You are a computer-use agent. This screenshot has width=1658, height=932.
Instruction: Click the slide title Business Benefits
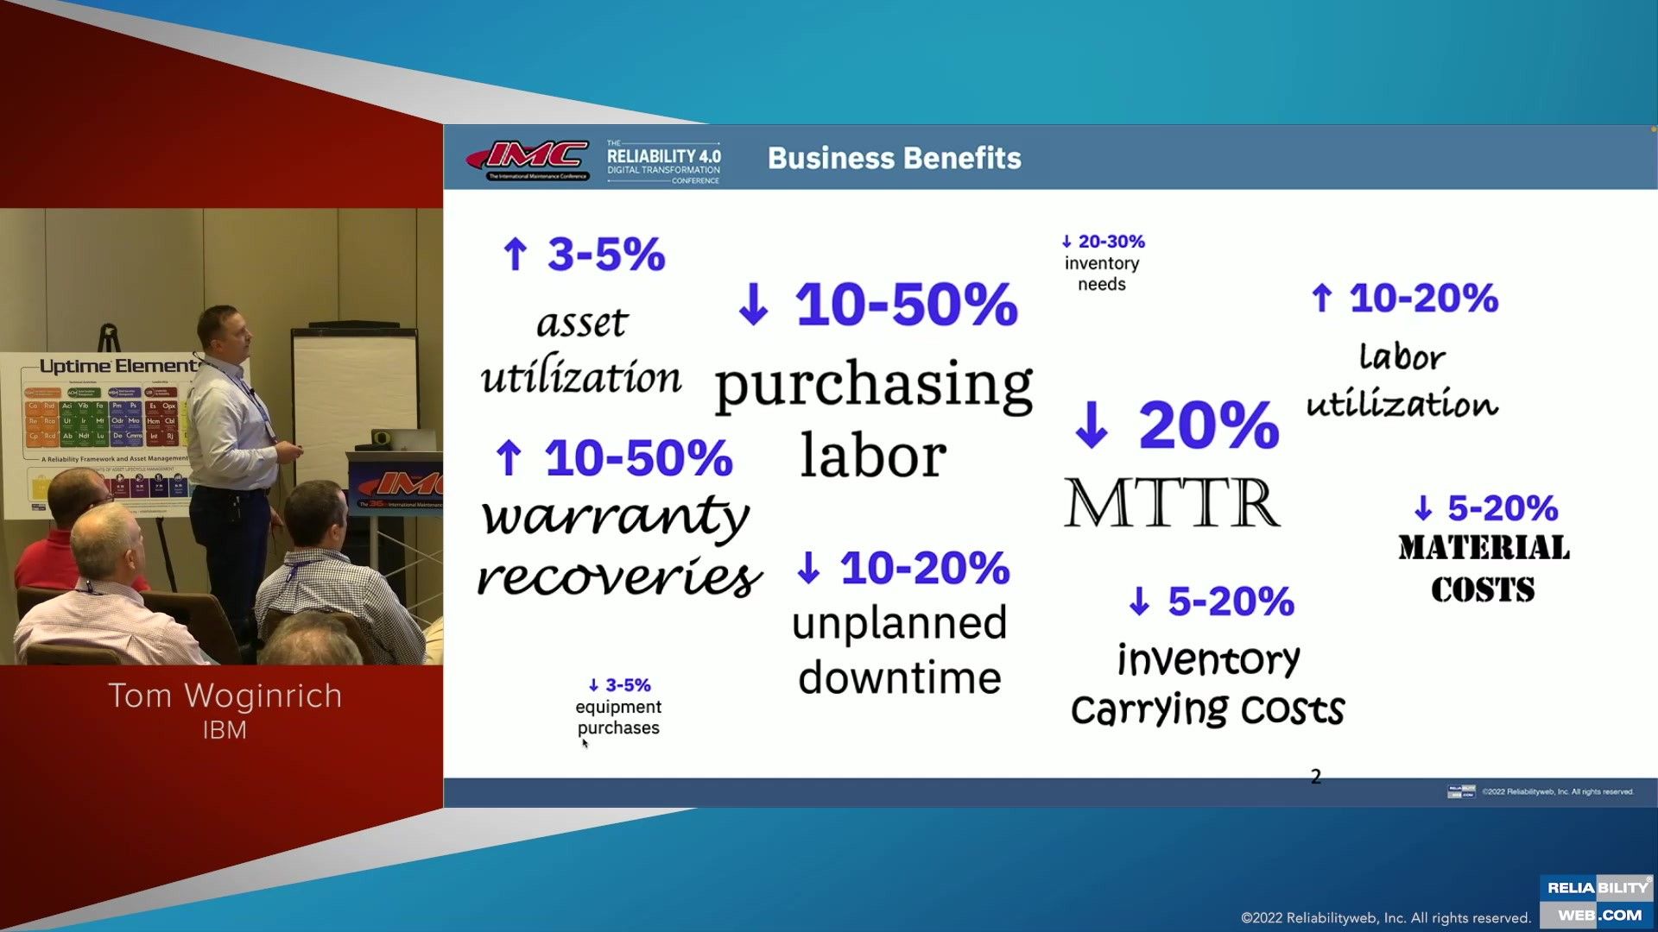(x=894, y=158)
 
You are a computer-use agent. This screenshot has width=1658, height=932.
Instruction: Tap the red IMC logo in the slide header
(x=528, y=157)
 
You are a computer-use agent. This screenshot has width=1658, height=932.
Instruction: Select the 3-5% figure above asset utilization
(x=605, y=254)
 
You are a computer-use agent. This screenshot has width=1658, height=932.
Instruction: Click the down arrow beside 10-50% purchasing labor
(x=753, y=305)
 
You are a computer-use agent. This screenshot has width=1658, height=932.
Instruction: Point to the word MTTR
(x=1172, y=503)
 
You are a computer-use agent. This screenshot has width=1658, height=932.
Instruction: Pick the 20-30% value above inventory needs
(x=1111, y=242)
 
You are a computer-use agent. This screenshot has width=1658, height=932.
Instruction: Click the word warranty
(x=615, y=517)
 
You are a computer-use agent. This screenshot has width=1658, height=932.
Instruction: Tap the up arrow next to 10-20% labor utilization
(x=1321, y=299)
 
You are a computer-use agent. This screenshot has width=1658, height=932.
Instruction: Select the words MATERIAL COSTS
(x=1483, y=569)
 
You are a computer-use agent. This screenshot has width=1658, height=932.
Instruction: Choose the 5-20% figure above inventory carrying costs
(x=1231, y=601)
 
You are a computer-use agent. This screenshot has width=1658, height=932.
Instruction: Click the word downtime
(x=899, y=678)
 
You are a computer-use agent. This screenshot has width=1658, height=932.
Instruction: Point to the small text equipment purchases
(x=618, y=717)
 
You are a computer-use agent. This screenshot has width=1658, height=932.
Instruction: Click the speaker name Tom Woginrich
(x=225, y=696)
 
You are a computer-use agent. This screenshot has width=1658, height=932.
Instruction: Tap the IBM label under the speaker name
(x=225, y=730)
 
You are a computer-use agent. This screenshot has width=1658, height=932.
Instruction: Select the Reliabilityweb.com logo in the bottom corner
(x=1597, y=901)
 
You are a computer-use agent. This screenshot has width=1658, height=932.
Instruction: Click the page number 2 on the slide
(x=1315, y=777)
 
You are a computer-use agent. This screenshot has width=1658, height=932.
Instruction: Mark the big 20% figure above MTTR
(x=1208, y=425)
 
